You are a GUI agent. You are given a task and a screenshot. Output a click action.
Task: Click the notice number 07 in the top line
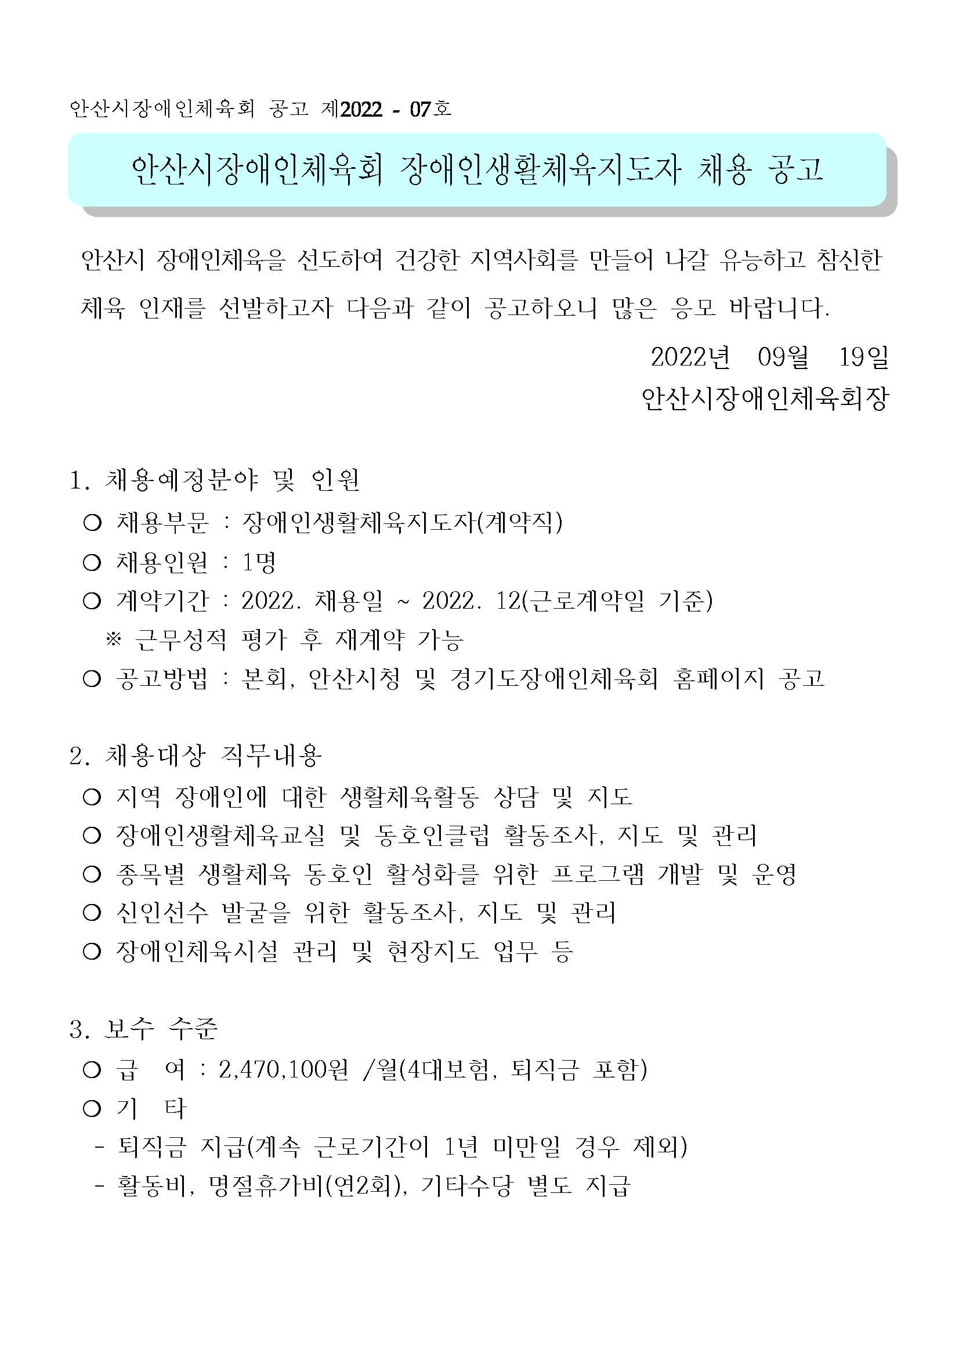[x=421, y=109]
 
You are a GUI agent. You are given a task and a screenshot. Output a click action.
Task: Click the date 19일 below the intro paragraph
[x=863, y=357]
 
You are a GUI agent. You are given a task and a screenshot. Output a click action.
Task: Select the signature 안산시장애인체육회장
[x=765, y=399]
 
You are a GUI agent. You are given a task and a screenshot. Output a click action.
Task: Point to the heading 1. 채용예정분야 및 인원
[x=214, y=480]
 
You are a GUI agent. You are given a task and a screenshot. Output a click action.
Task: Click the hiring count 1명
[x=259, y=562]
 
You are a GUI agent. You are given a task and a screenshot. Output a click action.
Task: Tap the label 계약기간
[x=162, y=601]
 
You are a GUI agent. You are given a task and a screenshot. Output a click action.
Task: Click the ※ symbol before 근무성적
[x=113, y=639]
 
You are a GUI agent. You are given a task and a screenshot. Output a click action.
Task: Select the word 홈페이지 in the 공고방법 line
[x=718, y=679]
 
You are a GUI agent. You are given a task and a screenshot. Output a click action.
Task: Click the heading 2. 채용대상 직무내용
[x=196, y=755]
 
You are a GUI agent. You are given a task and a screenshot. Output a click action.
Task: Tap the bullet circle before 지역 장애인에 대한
[x=92, y=797]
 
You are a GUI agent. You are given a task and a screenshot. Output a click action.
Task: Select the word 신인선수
[x=162, y=913]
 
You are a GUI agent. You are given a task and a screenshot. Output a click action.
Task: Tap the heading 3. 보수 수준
[x=143, y=1029]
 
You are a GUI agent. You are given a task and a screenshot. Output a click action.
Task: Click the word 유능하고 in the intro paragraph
[x=762, y=260]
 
